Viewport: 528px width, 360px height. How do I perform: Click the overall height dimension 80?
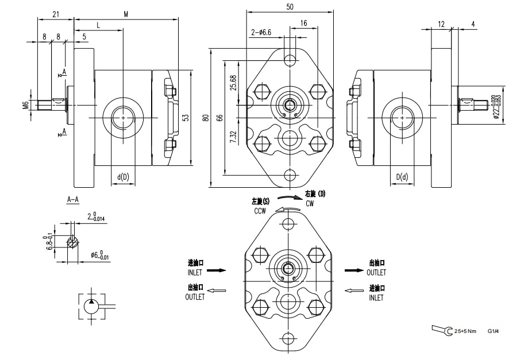206,118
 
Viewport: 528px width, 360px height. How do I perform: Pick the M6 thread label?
26,104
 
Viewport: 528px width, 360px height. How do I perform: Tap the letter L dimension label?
98,25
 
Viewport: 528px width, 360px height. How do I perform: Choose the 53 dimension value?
185,117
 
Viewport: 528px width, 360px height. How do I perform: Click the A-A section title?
74,200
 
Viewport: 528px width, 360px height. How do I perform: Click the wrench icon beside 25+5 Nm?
441,330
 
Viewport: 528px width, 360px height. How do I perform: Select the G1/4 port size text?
492,331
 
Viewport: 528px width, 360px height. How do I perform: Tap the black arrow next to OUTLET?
351,269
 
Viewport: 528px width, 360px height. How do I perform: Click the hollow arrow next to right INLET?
351,291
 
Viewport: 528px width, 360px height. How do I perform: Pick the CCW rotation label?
260,211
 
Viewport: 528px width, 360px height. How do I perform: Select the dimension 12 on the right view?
441,24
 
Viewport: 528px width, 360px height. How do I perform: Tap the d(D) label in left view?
123,177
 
